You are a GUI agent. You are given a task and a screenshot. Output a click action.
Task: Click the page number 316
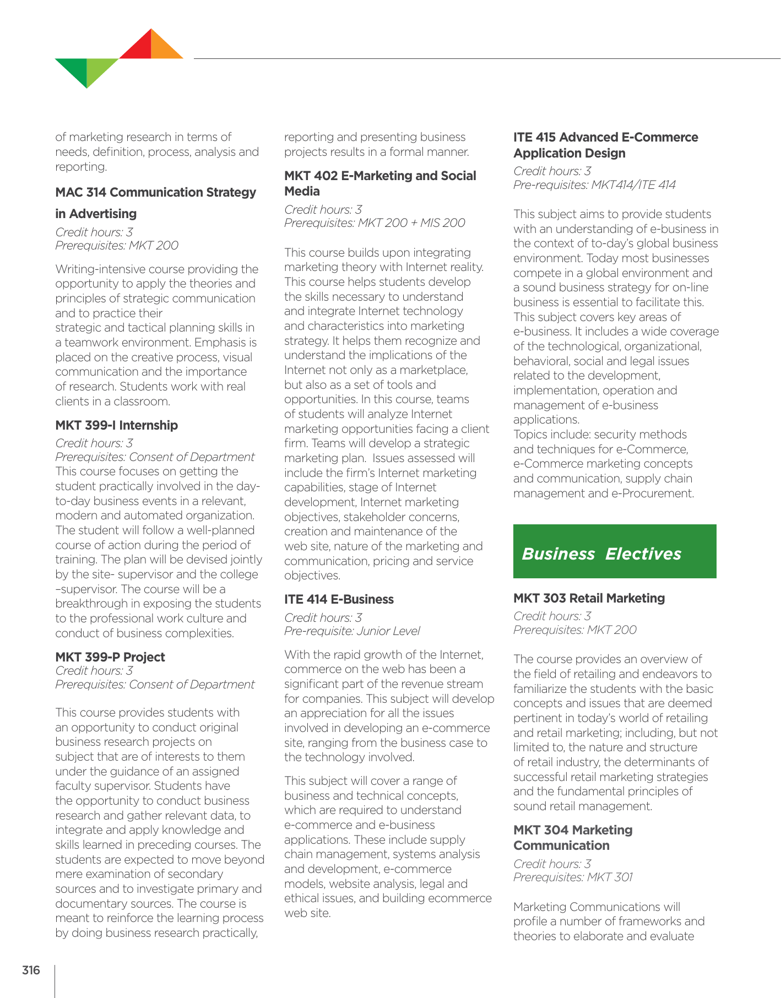[x=31, y=970]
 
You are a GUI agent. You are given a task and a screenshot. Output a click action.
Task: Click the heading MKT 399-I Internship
[x=116, y=425]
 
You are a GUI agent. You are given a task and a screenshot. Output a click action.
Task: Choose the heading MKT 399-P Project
[x=110, y=657]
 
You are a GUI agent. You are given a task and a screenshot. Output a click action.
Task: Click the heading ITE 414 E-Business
[x=339, y=599]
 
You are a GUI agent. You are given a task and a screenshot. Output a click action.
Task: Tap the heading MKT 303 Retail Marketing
[x=589, y=598]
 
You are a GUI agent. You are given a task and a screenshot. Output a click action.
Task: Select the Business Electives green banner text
[x=601, y=554]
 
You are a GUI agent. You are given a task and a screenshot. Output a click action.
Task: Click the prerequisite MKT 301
[x=610, y=877]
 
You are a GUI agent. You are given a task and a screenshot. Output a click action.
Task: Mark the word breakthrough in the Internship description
[x=90, y=604]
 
